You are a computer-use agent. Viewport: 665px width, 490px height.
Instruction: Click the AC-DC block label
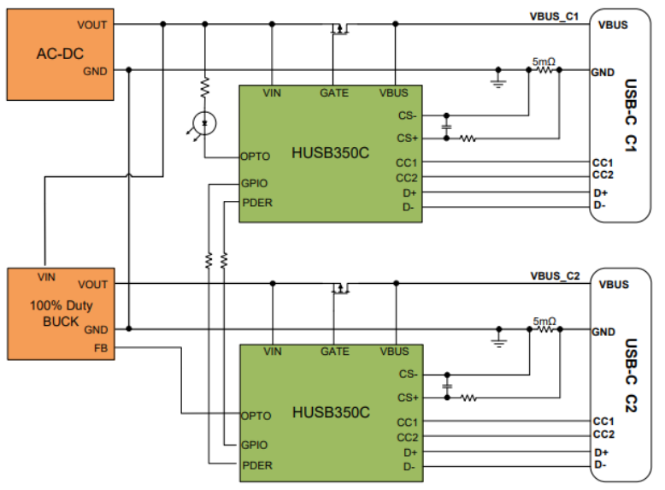(60, 54)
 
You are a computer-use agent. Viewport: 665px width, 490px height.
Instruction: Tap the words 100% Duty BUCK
(61, 313)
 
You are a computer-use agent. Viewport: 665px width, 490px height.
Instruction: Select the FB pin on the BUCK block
(101, 348)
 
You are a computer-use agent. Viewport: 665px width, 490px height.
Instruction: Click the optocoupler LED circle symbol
(204, 123)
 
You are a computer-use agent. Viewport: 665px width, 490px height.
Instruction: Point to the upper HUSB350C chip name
(331, 153)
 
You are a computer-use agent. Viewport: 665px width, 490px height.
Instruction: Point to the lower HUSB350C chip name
(332, 412)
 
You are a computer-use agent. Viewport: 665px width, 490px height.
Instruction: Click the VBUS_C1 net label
(554, 16)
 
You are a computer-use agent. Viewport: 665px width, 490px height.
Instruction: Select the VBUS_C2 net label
(555, 276)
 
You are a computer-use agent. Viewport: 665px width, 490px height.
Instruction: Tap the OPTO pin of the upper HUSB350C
(256, 156)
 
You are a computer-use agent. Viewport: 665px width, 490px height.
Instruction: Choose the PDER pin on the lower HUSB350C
(257, 465)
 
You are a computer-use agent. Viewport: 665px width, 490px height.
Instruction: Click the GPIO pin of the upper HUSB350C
(255, 183)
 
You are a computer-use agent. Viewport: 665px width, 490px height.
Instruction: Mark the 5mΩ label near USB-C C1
(544, 62)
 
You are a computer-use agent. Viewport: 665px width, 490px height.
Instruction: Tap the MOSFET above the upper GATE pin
(339, 29)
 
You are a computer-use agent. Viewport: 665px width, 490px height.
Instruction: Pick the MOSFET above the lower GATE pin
(340, 288)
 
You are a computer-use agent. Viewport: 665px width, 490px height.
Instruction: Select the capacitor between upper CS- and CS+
(446, 127)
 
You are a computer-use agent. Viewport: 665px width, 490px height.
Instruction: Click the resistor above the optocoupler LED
(205, 87)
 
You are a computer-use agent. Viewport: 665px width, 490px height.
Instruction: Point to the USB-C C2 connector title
(631, 375)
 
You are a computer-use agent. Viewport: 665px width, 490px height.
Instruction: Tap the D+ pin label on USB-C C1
(601, 193)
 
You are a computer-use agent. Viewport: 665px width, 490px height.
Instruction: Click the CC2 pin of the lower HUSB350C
(407, 437)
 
